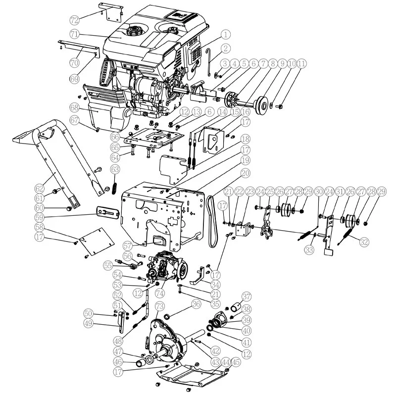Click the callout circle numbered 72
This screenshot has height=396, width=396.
[74, 20]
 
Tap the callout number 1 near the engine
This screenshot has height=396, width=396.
[226, 34]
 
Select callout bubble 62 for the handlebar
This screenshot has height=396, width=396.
[40, 188]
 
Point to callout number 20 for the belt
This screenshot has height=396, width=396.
[246, 173]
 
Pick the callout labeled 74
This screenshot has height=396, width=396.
[159, 293]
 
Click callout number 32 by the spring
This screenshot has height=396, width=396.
[364, 242]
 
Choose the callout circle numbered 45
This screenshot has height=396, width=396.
[236, 362]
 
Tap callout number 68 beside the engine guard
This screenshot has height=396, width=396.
[75, 107]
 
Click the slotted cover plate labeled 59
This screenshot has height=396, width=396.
[108, 212]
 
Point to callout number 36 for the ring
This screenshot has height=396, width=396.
[196, 304]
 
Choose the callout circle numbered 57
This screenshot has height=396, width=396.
[128, 246]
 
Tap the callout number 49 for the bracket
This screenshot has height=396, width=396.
[88, 323]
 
